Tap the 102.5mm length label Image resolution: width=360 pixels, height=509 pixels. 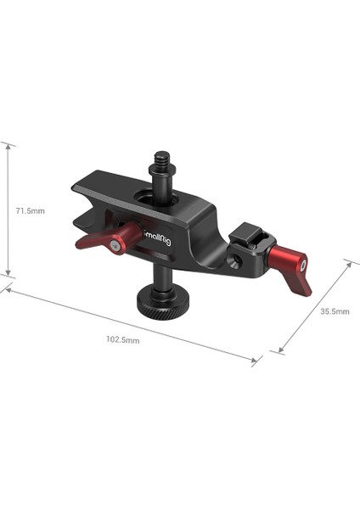[122, 338]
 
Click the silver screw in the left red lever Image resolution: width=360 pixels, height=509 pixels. [115, 244]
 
